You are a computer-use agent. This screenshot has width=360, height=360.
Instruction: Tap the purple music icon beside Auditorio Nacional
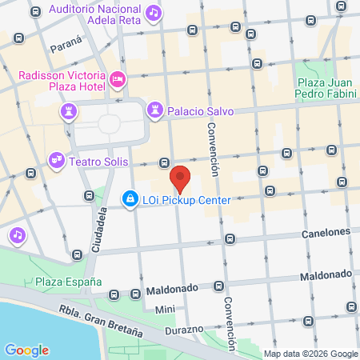click(x=154, y=14)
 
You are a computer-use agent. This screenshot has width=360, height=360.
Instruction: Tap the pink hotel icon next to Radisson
click(x=118, y=78)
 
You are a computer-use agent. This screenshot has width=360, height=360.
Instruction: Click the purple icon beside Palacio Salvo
click(x=154, y=110)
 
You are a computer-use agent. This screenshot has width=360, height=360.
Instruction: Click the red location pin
click(x=181, y=178)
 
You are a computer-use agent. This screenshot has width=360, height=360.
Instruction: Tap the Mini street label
click(x=165, y=310)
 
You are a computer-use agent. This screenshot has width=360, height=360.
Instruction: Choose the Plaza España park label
click(x=68, y=282)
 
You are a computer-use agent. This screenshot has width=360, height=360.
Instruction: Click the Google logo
click(x=26, y=350)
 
